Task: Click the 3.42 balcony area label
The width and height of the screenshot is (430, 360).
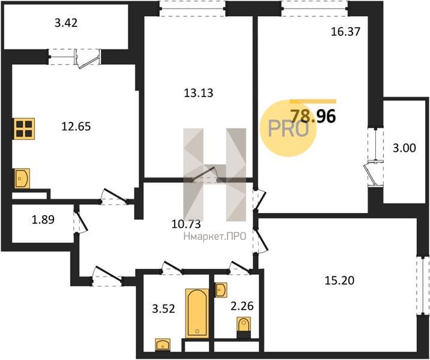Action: click(66, 23)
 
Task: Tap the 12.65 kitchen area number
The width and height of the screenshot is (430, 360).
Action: click(76, 127)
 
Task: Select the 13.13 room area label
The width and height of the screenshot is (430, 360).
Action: click(198, 93)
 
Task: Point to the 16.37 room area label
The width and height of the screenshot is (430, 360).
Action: click(345, 32)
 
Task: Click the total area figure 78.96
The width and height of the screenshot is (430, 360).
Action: click(313, 116)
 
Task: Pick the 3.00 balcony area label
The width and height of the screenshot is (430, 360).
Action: click(404, 148)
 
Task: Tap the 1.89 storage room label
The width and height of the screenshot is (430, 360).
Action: click(43, 220)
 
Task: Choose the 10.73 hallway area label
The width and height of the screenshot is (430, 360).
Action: click(186, 224)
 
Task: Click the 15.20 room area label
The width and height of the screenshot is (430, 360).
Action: click(339, 280)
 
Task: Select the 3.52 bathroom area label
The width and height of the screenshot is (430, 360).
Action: click(163, 309)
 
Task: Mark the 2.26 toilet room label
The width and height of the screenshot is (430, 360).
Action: click(242, 306)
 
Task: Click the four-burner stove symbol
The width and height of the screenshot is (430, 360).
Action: click(25, 128)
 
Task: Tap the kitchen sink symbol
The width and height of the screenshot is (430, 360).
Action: click(22, 178)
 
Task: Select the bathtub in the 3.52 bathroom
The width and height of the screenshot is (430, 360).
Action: click(197, 313)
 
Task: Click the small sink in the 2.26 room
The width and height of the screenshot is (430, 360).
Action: click(222, 290)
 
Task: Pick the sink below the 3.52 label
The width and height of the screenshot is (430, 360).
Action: click(163, 344)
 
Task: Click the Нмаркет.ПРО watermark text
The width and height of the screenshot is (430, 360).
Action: click(215, 236)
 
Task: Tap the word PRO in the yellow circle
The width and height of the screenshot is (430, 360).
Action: click(288, 129)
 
